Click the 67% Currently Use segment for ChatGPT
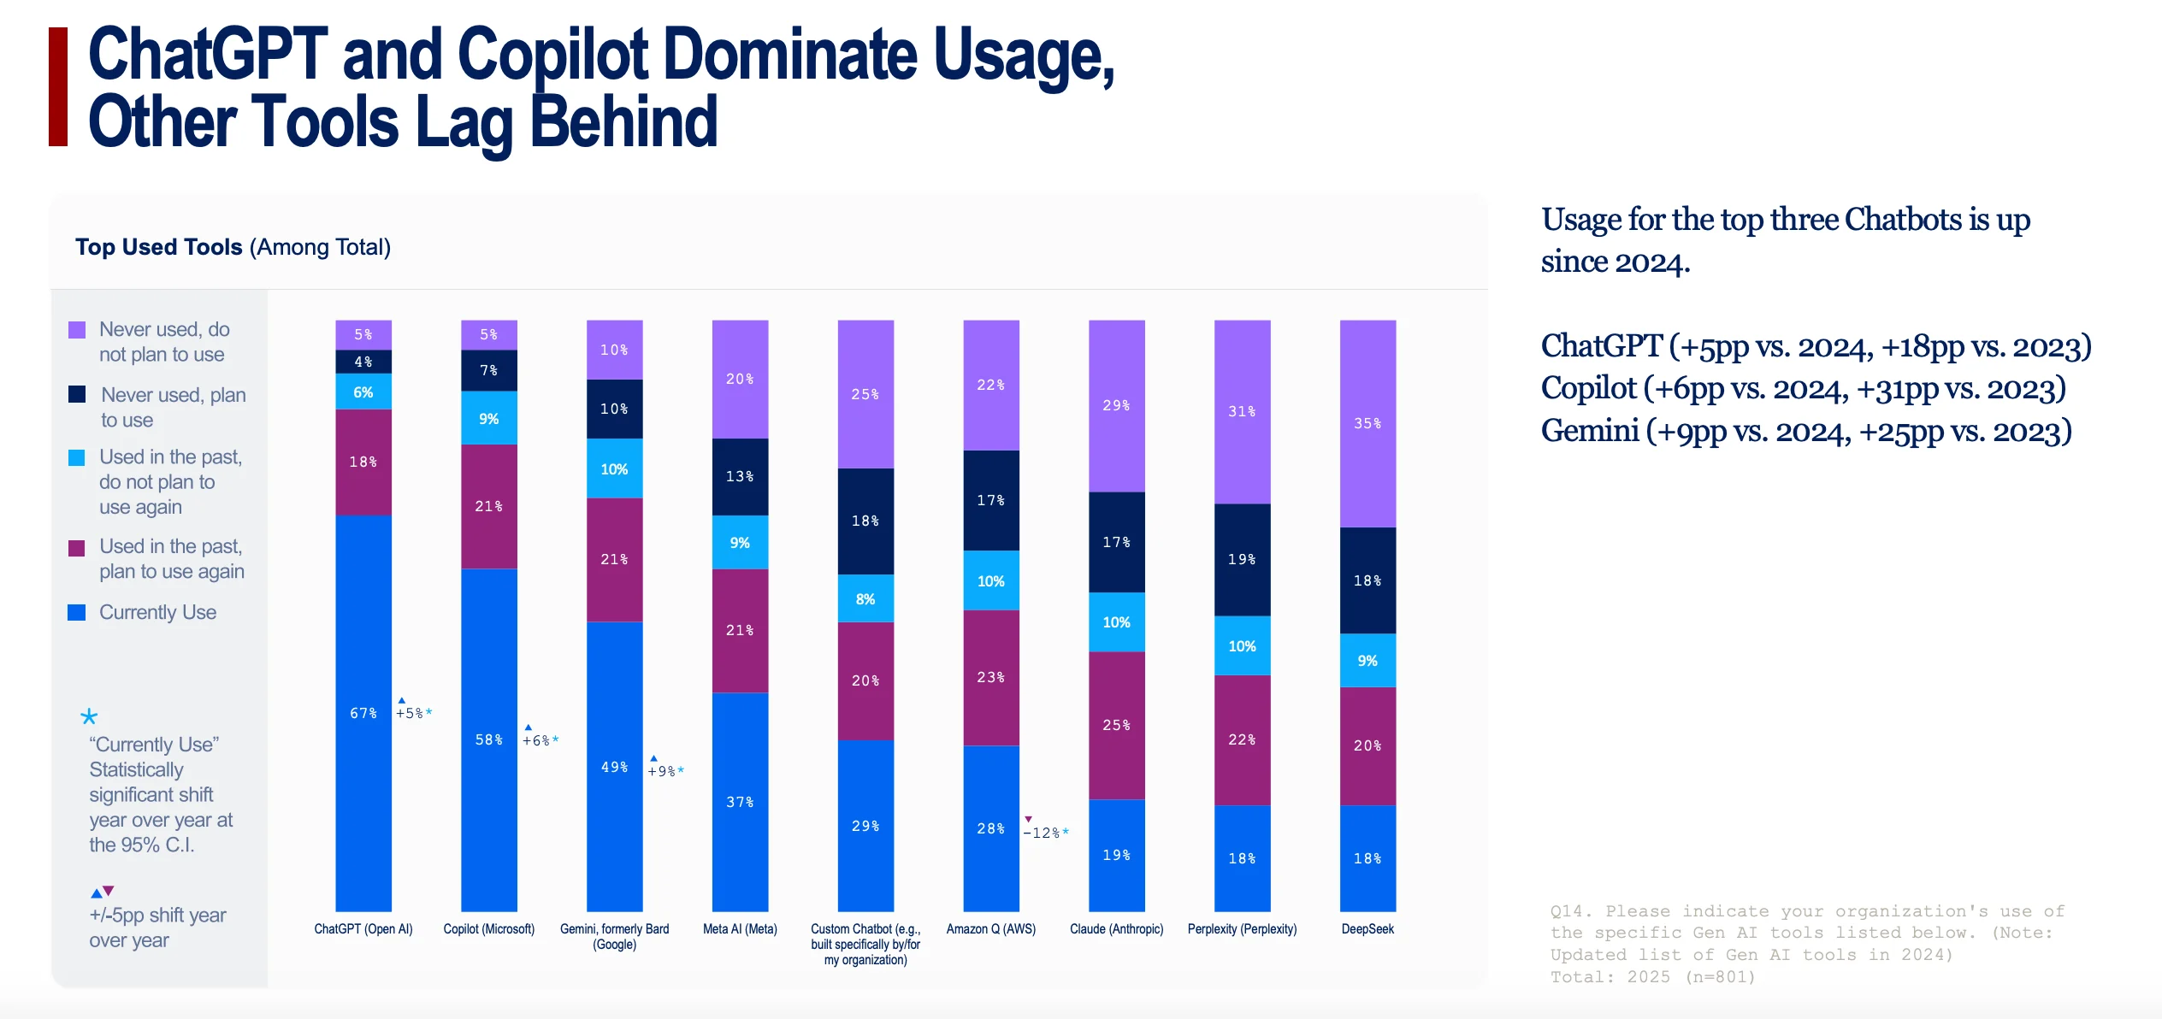tap(363, 713)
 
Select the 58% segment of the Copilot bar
tap(489, 739)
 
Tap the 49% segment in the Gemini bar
tap(614, 766)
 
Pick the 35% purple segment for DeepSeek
tap(1367, 424)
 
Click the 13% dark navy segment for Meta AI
tap(740, 477)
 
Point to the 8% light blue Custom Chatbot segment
tap(865, 598)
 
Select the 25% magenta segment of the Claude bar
tap(1116, 726)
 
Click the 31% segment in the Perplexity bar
tap(1242, 412)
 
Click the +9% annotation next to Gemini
tap(665, 769)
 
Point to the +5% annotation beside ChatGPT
tap(414, 710)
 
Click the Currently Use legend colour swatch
tap(77, 613)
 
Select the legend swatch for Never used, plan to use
tap(77, 394)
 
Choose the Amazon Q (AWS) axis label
tap(991, 929)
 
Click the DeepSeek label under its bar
tap(1367, 929)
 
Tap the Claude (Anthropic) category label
tap(1116, 929)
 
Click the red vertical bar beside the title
tap(58, 87)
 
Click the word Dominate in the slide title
tap(790, 55)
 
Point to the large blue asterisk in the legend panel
tap(89, 716)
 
